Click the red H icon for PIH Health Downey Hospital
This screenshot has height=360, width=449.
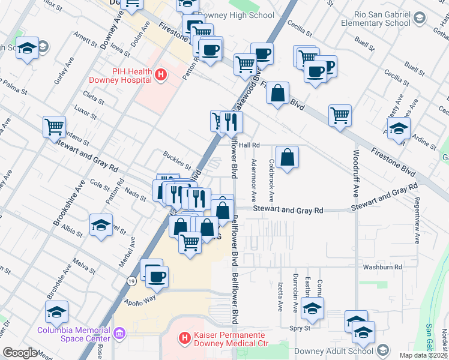click(x=160, y=75)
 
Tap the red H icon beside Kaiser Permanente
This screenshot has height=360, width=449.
click(x=185, y=339)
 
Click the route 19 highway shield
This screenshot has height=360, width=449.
click(x=131, y=280)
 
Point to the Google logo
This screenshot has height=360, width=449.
click(x=20, y=353)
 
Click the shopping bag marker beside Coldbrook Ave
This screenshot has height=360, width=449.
click(x=288, y=157)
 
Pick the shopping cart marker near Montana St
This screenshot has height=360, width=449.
click(x=55, y=126)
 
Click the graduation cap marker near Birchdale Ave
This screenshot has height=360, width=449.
click(x=56, y=311)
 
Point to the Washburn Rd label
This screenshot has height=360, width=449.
click(x=381, y=266)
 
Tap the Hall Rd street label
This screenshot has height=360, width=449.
click(x=249, y=145)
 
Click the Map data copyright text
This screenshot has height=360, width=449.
click(x=423, y=355)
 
